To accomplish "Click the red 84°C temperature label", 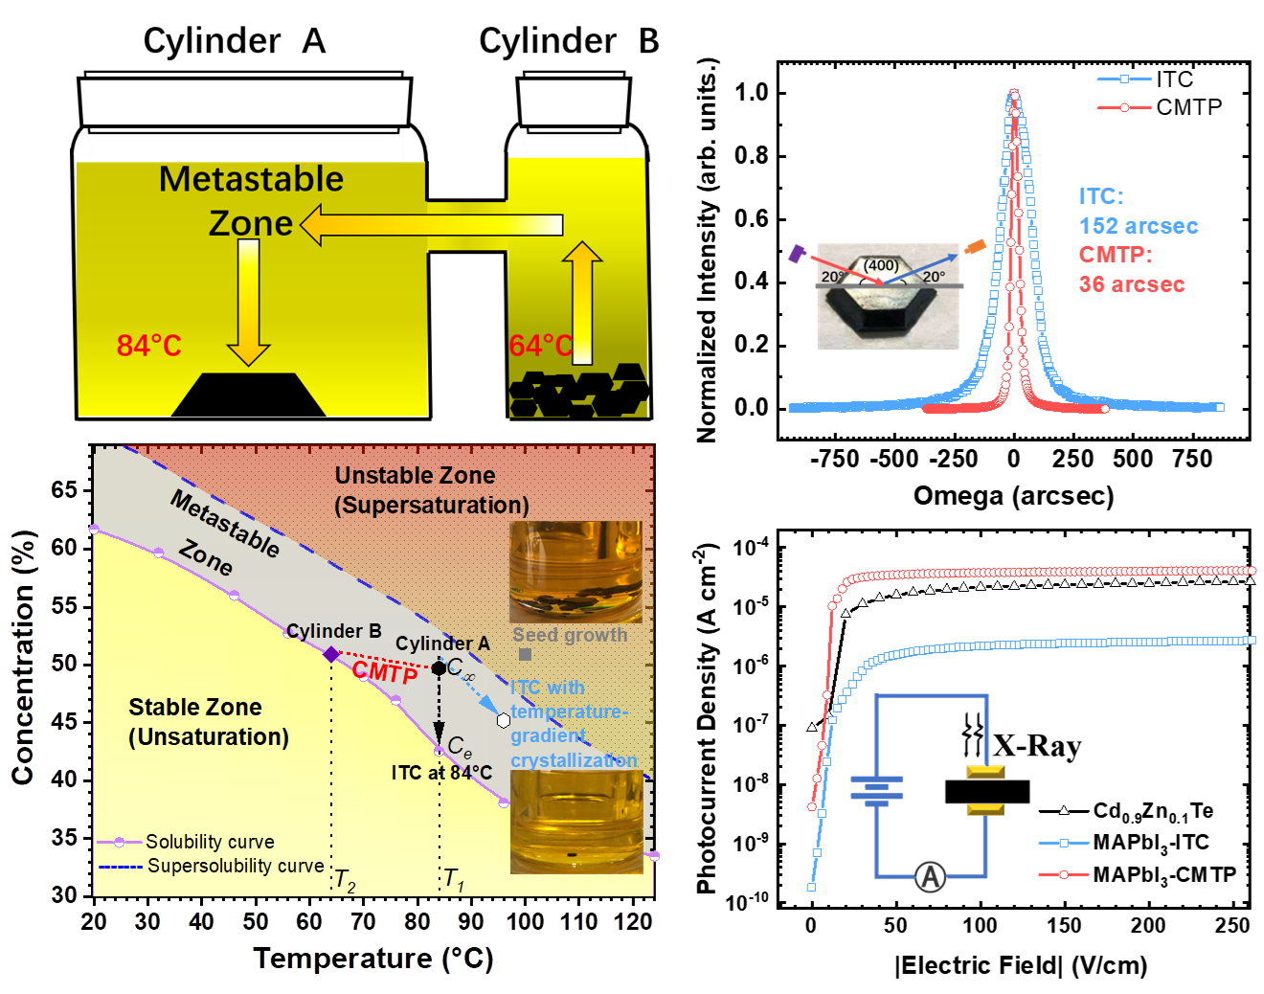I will [148, 345].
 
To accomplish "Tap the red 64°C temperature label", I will [540, 345].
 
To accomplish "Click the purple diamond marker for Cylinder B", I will [331, 654].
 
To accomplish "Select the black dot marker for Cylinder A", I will [439, 667].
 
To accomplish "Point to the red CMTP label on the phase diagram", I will [385, 672].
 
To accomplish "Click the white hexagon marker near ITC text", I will [504, 720].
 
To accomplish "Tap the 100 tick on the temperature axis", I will [525, 921].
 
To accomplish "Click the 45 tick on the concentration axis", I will [64, 720].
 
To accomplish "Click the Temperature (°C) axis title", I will [372, 959].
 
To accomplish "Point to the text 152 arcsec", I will [1139, 226].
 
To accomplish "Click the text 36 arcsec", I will [1132, 284].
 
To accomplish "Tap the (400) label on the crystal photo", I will [881, 265].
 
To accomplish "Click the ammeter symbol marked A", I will [930, 876].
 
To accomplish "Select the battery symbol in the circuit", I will [876, 791].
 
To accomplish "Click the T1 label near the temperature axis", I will [454, 880].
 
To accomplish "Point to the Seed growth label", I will [570, 635].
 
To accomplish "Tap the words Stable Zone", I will [195, 707].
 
